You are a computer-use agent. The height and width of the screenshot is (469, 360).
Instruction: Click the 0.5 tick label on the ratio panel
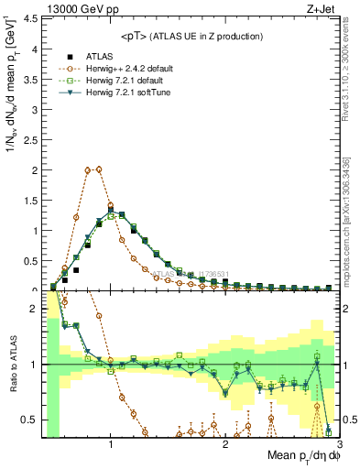(x=31, y=420)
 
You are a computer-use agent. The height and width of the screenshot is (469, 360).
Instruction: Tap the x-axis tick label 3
(x=340, y=444)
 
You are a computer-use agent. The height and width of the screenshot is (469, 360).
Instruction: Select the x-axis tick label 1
(x=111, y=444)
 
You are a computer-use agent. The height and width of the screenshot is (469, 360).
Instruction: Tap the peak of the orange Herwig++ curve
(x=93, y=169)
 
